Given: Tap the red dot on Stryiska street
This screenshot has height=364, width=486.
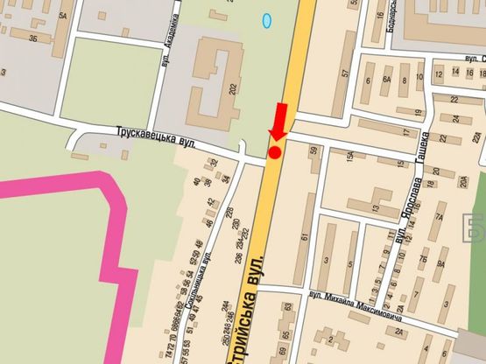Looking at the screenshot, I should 274,153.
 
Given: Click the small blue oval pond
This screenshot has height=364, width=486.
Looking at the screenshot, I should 267,17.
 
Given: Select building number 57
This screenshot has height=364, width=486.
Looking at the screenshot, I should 346,74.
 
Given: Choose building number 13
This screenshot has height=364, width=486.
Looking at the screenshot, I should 375,208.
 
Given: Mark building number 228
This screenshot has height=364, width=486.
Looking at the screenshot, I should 229,213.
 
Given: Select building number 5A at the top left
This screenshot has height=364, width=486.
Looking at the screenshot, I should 63,16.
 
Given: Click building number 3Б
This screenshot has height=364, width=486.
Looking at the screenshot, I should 32,38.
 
